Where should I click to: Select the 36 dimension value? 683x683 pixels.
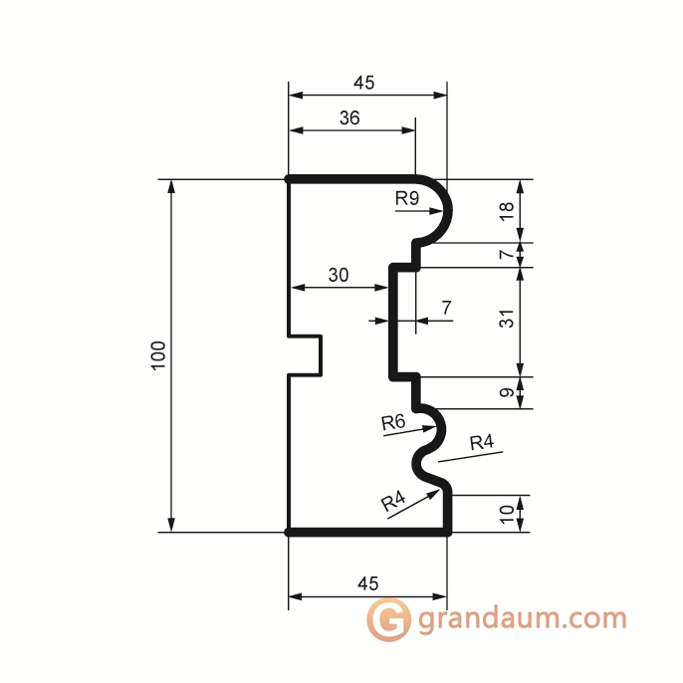point(349,117)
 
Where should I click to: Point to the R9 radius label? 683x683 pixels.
point(406,198)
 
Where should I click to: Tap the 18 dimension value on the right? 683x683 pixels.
point(507,211)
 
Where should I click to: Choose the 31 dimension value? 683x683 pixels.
point(507,322)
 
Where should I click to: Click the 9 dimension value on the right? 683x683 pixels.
point(507,393)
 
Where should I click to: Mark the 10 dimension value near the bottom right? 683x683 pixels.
point(507,514)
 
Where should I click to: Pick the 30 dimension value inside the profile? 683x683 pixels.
point(339,277)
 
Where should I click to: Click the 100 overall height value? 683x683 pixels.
point(158,356)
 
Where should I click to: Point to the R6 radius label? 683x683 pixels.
point(393,422)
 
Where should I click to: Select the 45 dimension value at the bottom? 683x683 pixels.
point(365,582)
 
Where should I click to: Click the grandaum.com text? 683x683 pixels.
point(523,618)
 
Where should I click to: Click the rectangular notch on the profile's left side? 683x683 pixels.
point(307,355)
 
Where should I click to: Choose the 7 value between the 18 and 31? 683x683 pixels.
point(507,255)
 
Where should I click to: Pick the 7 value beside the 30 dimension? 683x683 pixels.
point(446,308)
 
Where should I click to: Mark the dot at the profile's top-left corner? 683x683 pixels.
point(289,179)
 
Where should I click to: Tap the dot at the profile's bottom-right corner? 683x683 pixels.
point(447,533)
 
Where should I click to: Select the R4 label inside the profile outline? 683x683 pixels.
point(393,503)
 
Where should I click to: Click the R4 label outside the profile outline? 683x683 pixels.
point(482,442)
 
